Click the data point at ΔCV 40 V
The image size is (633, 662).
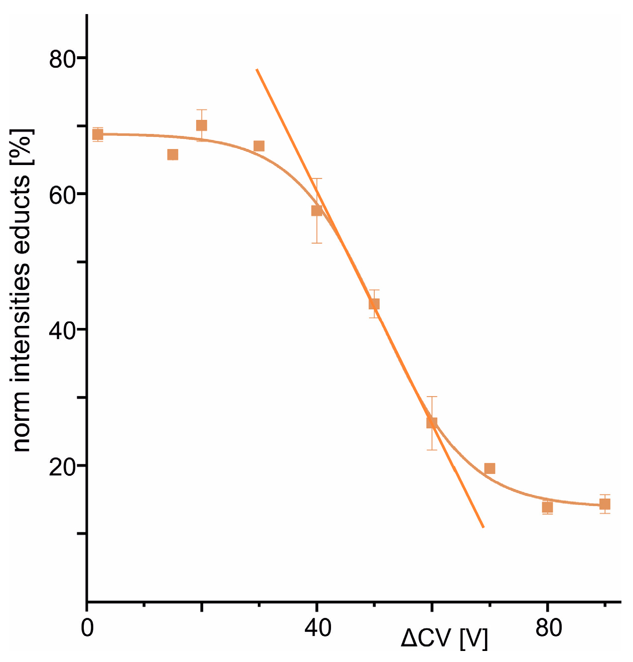click(316, 210)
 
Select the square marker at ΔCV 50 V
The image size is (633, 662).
click(374, 303)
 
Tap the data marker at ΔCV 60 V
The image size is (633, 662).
click(431, 422)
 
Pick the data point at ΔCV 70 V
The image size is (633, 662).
click(490, 468)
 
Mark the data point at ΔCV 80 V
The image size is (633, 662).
click(547, 507)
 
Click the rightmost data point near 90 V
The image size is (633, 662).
click(605, 504)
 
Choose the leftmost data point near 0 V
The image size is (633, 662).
click(98, 134)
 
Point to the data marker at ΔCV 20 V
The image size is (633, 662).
click(202, 125)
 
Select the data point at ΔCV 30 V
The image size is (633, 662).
click(259, 146)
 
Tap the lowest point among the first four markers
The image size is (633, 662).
click(173, 154)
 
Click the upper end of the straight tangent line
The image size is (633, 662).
click(257, 70)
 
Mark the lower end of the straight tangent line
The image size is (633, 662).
click(483, 527)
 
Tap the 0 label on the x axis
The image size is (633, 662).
click(87, 628)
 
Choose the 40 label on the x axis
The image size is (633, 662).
click(318, 628)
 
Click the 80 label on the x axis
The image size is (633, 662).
click(548, 628)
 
